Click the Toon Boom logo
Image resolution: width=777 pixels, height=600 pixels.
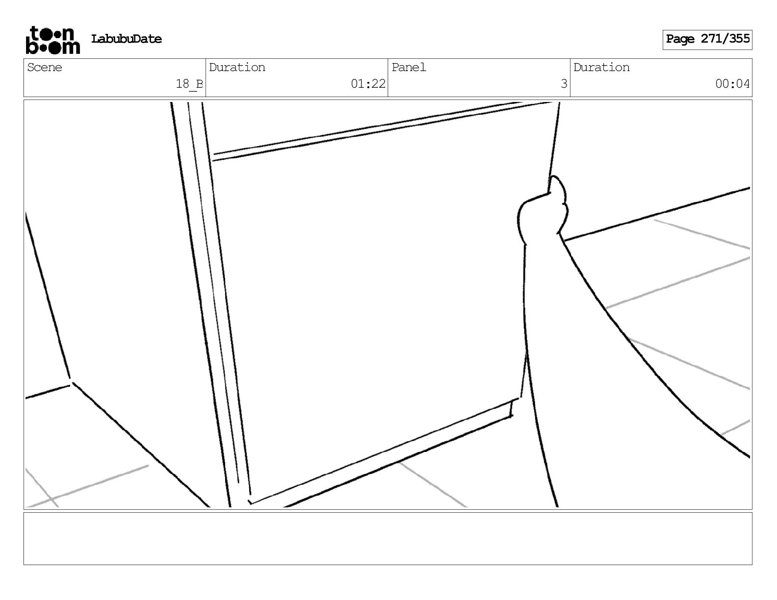[52, 40]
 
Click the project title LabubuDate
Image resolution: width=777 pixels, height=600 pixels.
[127, 39]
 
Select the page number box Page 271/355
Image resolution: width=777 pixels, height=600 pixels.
[707, 39]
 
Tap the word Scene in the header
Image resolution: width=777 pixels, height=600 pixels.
[45, 68]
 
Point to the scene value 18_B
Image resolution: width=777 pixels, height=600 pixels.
[189, 84]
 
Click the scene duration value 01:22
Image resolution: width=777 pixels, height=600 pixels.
[368, 84]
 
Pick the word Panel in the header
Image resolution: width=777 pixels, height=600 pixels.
[409, 68]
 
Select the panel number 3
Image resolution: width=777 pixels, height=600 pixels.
[564, 84]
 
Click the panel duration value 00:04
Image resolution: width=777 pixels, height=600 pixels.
[732, 84]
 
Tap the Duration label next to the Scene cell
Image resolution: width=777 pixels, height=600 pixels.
[237, 68]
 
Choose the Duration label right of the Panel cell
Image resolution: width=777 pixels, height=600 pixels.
[601, 68]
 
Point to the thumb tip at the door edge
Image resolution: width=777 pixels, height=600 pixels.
[557, 184]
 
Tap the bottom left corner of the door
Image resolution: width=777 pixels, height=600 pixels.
[250, 500]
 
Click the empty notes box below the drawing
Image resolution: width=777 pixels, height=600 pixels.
[388, 538]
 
